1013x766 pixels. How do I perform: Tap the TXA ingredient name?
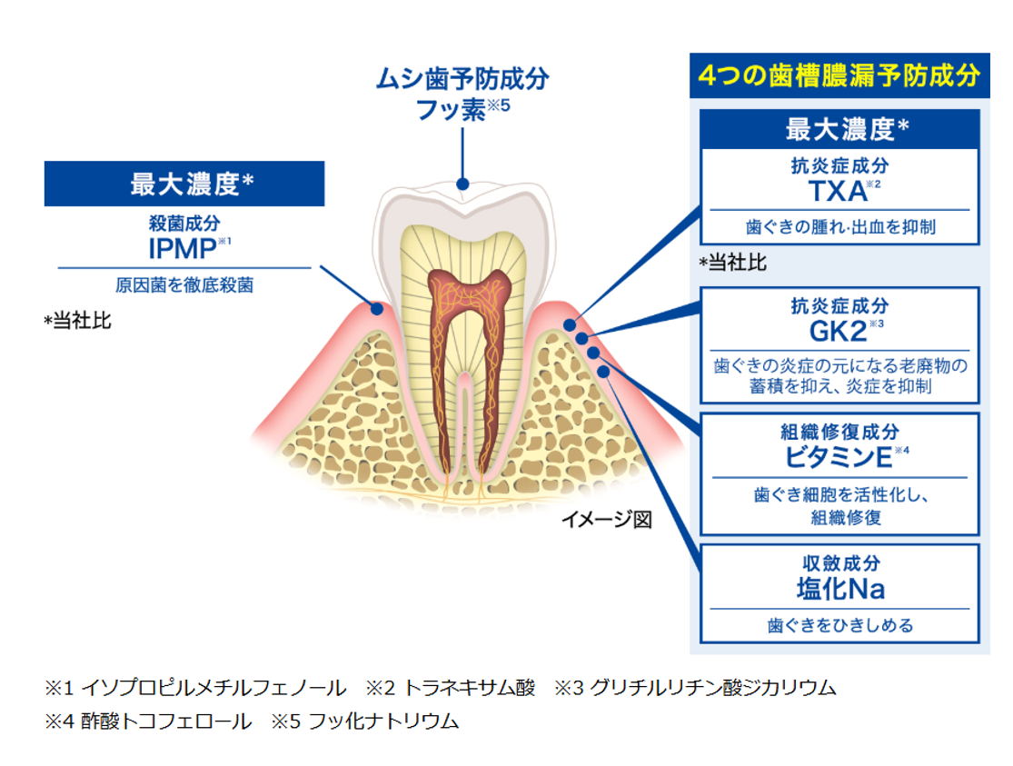(837, 192)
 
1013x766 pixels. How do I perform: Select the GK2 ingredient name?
(837, 330)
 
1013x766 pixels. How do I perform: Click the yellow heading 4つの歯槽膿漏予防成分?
(839, 75)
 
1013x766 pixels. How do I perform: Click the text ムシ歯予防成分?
(463, 79)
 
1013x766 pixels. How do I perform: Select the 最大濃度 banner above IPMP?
(184, 184)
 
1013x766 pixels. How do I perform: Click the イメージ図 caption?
(606, 520)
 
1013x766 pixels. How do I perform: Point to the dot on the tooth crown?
(463, 184)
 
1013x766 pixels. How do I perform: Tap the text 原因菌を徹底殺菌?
(184, 285)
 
